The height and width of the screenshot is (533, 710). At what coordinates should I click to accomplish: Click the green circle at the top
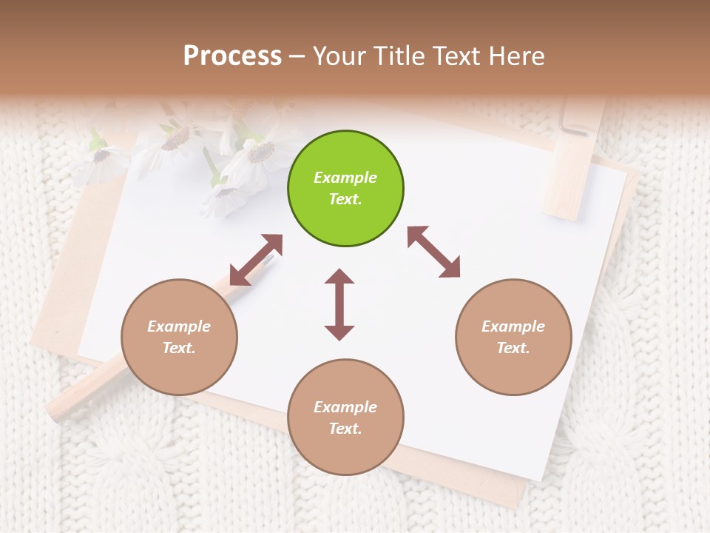[x=345, y=188]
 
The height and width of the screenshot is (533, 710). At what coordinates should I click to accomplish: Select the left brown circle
[x=179, y=337]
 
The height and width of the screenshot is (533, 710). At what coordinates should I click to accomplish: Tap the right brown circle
[x=513, y=337]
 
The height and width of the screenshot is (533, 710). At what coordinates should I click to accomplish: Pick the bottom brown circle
[x=345, y=417]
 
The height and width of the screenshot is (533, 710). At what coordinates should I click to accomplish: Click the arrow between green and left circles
[x=256, y=260]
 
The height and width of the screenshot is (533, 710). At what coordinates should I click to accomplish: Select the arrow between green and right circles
[x=433, y=252]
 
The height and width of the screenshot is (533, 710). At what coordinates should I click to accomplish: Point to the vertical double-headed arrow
[x=339, y=304]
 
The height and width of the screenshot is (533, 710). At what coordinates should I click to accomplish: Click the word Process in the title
[x=232, y=56]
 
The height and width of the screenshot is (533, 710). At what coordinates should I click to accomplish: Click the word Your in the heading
[x=337, y=56]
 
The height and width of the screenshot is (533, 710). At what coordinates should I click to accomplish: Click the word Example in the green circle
[x=345, y=178]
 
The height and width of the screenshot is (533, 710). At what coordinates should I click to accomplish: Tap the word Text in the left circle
[x=179, y=348]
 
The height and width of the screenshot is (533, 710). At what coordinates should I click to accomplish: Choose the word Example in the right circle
[x=513, y=326]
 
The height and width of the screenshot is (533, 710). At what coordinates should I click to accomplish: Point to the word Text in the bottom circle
[x=345, y=429]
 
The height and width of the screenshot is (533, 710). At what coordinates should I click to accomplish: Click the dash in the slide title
[x=297, y=57]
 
